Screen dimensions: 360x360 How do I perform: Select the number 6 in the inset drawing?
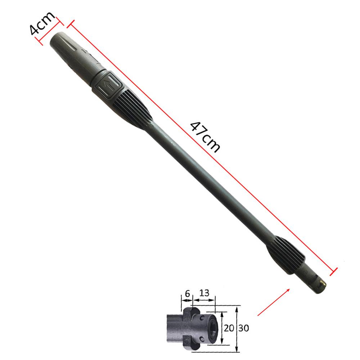tap(187, 294)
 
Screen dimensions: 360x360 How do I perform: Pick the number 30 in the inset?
tap(244, 328)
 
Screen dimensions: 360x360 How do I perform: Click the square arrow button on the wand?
tap(109, 84)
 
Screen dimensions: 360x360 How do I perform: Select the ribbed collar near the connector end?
tap(286, 255)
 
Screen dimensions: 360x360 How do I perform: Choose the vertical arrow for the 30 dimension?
tap(237, 328)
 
